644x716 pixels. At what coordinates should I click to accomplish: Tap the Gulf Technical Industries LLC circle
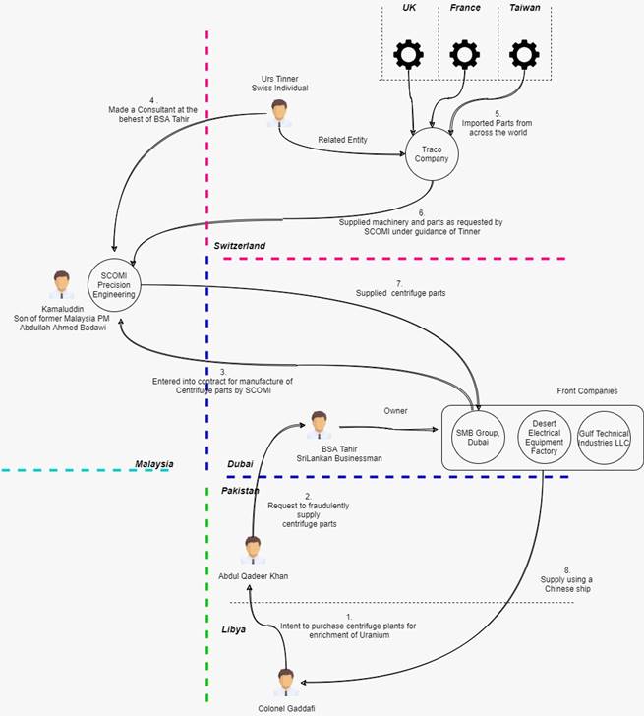click(603, 436)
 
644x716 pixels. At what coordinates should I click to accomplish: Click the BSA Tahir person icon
click(320, 424)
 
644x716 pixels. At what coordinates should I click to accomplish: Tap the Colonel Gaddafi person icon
click(286, 680)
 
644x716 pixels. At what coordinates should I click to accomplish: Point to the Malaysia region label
click(154, 463)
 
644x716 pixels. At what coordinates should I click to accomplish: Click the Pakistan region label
click(239, 489)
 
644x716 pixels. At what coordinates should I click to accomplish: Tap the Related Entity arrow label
click(342, 141)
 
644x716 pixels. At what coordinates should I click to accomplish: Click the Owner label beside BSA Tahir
click(396, 411)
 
